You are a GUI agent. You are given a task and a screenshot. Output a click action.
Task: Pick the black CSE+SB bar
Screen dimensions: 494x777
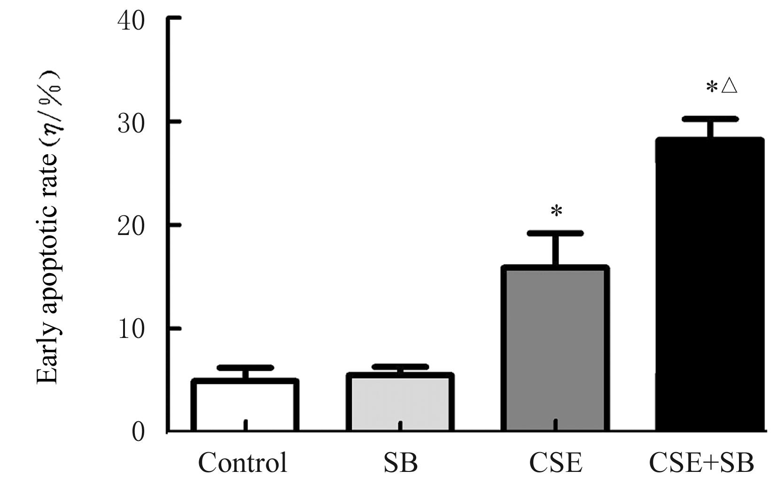[x=710, y=285]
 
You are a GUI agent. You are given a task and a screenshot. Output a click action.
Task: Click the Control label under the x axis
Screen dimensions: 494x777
[x=242, y=463]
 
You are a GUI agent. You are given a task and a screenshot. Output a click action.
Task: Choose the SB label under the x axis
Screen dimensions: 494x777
[x=400, y=463]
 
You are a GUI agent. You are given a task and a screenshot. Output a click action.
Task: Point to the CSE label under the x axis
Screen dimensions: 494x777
[x=555, y=463]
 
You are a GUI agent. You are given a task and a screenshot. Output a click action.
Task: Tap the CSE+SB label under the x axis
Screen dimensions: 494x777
[x=701, y=463]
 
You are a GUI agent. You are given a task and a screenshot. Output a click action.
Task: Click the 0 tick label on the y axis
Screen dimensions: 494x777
[x=138, y=432]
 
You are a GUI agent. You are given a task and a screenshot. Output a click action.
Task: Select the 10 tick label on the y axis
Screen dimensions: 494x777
[x=131, y=329]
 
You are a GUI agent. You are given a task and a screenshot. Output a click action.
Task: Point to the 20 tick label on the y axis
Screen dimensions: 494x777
[x=131, y=226]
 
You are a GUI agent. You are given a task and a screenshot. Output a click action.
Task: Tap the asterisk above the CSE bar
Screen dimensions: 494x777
[x=556, y=212]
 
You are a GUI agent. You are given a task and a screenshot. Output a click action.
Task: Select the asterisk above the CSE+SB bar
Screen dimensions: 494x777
[x=712, y=87]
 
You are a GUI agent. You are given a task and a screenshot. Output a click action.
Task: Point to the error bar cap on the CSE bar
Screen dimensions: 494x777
[x=555, y=234]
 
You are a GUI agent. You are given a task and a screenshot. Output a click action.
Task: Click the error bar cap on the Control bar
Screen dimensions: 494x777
[x=245, y=368]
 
